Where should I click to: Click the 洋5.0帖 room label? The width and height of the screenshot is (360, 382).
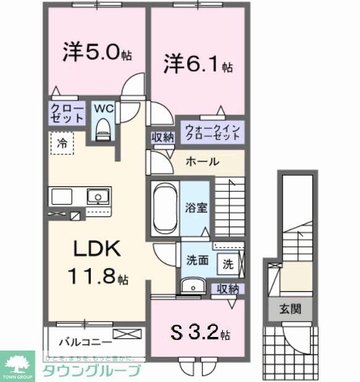tap(97, 52)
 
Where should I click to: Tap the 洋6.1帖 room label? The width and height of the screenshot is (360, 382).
tap(198, 64)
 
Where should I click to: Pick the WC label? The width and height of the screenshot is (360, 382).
tap(103, 108)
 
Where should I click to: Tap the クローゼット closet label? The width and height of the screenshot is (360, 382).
tap(67, 113)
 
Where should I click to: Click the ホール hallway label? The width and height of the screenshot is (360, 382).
tap(201, 162)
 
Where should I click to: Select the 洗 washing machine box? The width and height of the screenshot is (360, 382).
tap(228, 264)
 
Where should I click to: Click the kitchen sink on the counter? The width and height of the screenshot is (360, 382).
tap(97, 197)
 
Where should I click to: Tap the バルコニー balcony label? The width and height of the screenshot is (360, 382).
tap(85, 341)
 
